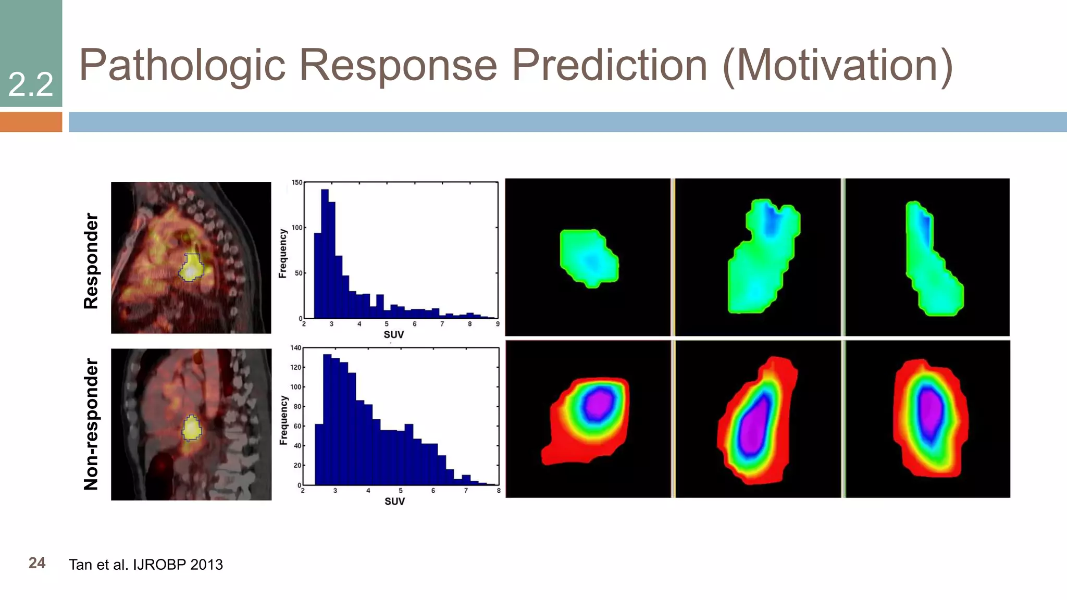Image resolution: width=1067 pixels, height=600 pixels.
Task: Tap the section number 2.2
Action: [31, 84]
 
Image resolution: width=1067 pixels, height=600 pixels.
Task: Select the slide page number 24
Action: [37, 563]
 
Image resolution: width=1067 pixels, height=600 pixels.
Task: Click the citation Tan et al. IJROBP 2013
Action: [146, 565]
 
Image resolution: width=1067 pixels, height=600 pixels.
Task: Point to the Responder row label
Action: [91, 260]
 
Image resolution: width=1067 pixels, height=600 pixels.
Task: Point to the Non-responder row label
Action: [91, 424]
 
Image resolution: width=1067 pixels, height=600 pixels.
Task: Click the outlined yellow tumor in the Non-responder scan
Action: [192, 429]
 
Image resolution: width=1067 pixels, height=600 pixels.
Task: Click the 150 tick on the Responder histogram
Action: [296, 182]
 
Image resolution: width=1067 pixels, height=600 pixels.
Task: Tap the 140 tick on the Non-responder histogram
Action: [295, 348]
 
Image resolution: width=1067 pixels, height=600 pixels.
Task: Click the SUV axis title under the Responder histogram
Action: [393, 334]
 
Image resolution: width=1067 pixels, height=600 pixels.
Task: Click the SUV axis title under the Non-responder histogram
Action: [394, 501]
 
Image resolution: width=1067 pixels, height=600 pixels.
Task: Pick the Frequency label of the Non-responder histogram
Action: [283, 420]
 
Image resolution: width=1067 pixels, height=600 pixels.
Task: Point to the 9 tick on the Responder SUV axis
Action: [498, 324]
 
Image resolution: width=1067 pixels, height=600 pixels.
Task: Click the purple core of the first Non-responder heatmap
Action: [599, 404]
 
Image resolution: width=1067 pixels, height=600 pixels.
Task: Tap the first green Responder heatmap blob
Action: [589, 258]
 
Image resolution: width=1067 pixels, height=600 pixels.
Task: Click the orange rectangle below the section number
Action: [31, 122]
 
